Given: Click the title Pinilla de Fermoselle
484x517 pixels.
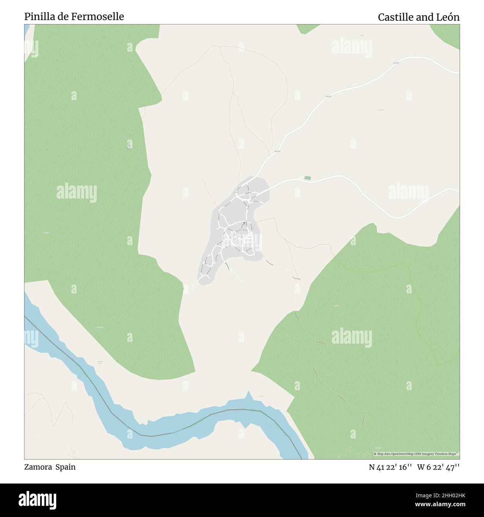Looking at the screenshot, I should coord(74,17).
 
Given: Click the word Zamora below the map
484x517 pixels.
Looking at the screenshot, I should coord(38,467).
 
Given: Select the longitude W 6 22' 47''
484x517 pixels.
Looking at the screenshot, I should coord(438,467).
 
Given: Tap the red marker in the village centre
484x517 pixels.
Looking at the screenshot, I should coord(244,223).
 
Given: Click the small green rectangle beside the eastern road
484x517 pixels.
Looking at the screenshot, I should coord(307,178).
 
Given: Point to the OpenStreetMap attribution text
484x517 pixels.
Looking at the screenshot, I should coord(417,454).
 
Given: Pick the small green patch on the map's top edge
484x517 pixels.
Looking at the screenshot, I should coord(308,28).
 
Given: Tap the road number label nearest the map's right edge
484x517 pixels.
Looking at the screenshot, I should coord(396,63).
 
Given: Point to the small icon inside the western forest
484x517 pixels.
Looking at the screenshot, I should coord(128,145).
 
